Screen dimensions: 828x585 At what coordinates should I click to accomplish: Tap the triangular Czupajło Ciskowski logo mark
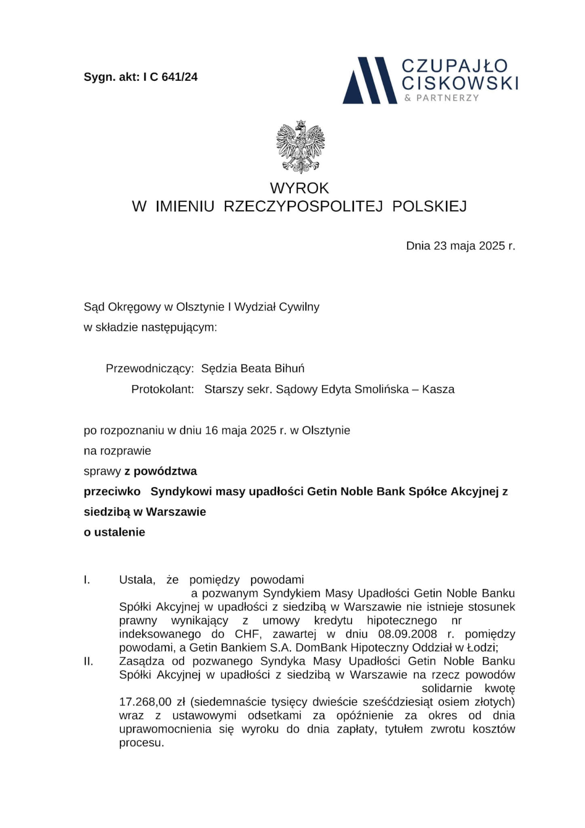pyautogui.click(x=369, y=80)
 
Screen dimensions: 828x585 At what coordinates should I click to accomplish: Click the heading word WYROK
pyautogui.click(x=299, y=188)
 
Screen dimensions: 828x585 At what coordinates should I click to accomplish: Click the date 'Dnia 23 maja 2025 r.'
pyautogui.click(x=461, y=246)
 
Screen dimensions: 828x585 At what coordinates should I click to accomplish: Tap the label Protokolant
pyautogui.click(x=162, y=389)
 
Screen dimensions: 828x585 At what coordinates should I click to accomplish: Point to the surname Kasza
pyautogui.click(x=438, y=389)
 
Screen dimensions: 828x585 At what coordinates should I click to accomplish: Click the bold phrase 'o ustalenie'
pyautogui.click(x=114, y=532)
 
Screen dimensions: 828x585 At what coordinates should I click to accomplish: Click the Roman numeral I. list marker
pyautogui.click(x=87, y=580)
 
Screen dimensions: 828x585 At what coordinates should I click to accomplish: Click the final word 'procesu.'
pyautogui.click(x=141, y=743)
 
